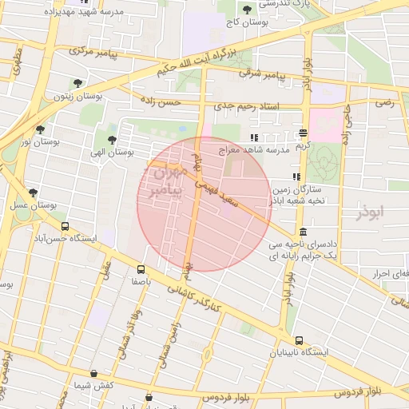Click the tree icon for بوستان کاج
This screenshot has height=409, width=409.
246,10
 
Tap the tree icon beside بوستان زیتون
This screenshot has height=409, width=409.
77,82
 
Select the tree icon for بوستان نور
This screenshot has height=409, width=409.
41,129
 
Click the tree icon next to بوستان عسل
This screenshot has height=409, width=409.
33,193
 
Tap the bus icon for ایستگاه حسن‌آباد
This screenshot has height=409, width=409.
65,226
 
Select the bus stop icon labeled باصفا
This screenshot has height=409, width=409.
141,269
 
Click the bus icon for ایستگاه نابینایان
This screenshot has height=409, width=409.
299,340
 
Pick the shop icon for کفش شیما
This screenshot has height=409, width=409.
94,373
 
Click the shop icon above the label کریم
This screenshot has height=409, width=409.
303,133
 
